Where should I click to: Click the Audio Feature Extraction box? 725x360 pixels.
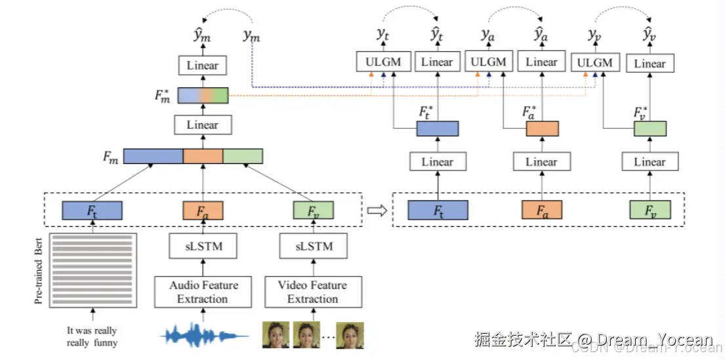pos(203,292)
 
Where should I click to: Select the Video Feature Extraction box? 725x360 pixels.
pos(313,292)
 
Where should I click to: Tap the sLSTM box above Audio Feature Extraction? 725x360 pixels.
pos(203,247)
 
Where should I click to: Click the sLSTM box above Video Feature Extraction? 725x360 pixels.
pos(313,247)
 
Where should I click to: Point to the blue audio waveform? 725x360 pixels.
pos(204,335)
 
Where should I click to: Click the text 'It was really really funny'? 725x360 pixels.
pos(92,336)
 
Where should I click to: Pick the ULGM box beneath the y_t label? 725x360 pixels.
pos(384,62)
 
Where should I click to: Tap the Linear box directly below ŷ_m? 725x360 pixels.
pos(202,66)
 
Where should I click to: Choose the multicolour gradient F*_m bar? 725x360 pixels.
pos(202,96)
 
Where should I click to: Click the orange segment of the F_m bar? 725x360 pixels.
pos(203,156)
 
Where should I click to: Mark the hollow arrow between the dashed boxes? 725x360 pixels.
pos(376,210)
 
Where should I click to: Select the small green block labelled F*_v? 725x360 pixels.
pos(650,129)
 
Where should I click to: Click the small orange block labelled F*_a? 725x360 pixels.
pos(542,129)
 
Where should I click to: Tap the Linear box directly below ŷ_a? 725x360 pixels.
pos(542,62)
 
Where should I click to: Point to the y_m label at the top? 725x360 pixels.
pos(251,37)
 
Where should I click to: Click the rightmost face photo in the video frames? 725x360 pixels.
pos(350,334)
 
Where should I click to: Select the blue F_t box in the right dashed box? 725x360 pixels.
pos(438,210)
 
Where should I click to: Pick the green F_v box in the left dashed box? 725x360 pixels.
pos(313,210)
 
